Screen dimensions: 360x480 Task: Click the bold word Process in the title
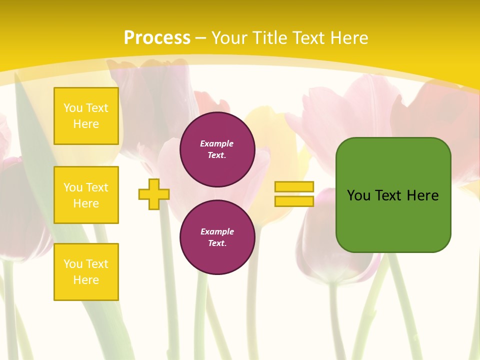157,38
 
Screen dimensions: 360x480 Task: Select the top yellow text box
86,116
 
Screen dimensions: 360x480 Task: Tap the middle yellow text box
86,195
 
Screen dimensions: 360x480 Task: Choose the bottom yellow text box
86,271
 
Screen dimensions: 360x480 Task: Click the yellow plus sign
154,194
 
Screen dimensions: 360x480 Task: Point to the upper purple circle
217,149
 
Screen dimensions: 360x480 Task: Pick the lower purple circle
217,237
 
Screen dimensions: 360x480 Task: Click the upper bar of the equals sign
294,187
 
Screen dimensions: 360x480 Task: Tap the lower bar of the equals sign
294,201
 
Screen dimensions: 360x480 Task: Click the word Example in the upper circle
217,143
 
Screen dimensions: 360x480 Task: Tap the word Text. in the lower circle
217,243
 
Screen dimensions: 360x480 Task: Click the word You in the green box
358,195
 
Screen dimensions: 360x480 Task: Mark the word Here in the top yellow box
86,124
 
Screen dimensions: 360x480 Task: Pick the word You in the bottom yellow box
73,264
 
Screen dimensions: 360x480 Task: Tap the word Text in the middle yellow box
96,187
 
